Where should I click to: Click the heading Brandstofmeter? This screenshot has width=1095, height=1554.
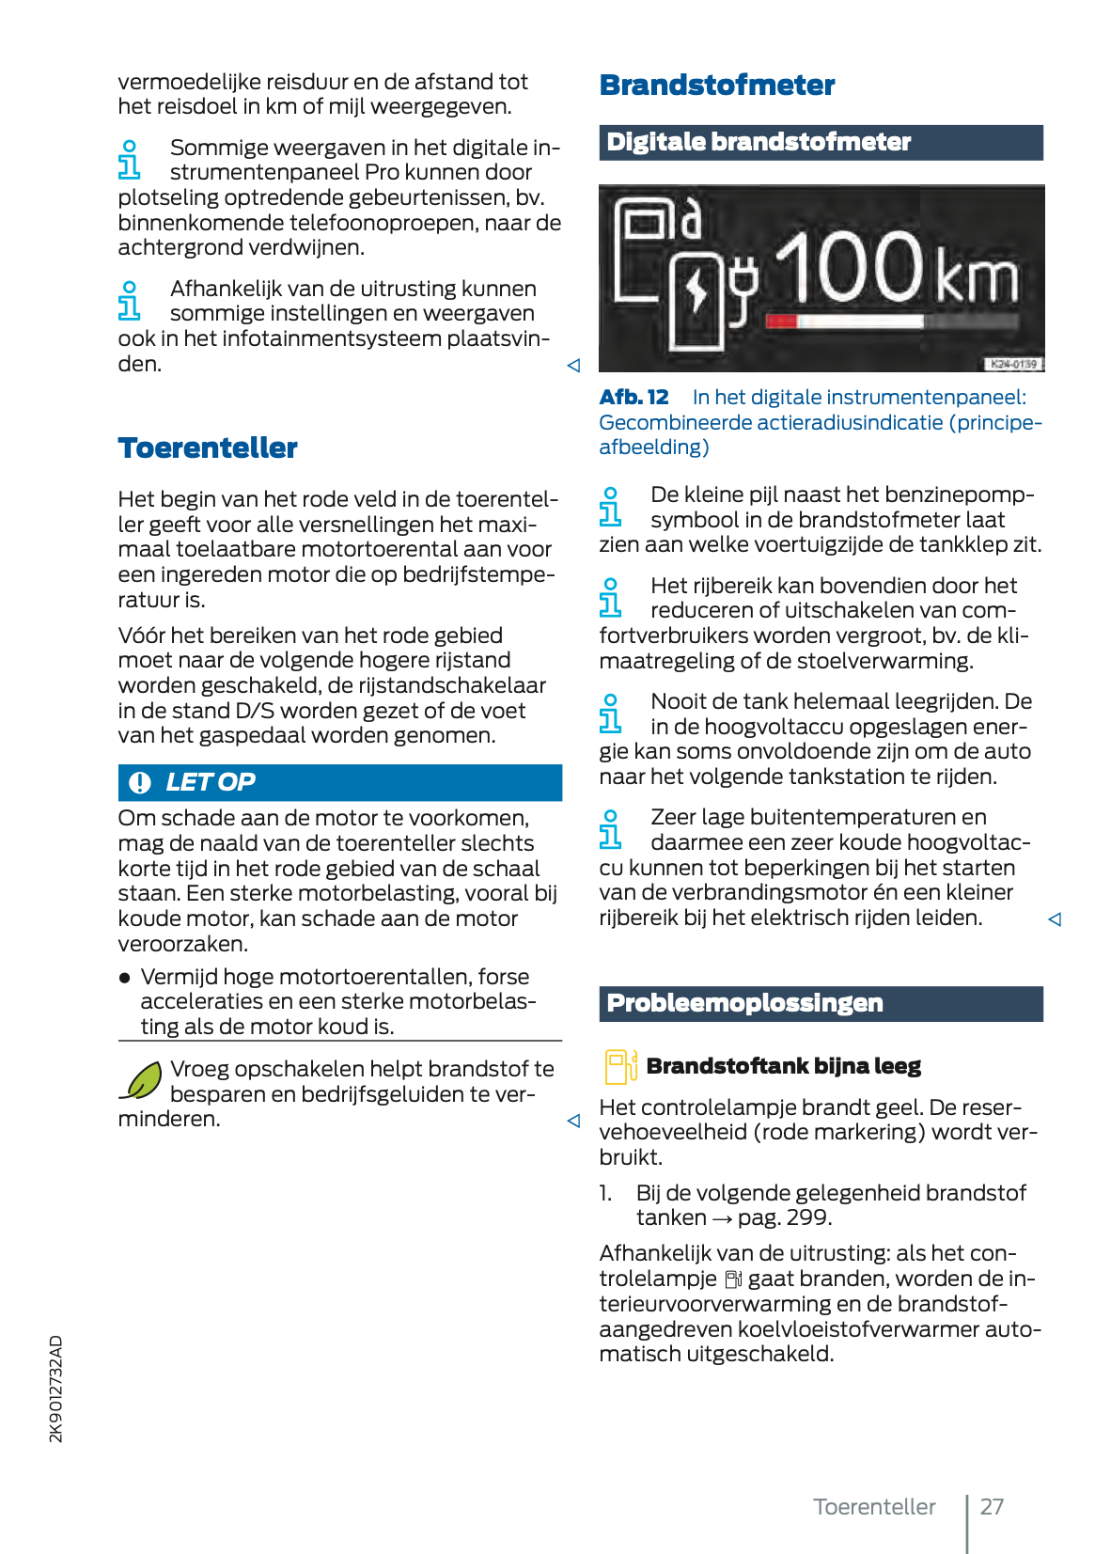click(x=716, y=86)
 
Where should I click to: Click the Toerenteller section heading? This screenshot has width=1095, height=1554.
click(x=208, y=448)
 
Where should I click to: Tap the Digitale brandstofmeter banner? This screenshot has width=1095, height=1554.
click(x=758, y=142)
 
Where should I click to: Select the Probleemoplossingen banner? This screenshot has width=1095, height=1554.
click(x=744, y=1003)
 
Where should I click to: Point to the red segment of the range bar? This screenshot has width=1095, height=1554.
click(x=781, y=322)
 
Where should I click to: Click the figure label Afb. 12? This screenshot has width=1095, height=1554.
click(x=634, y=398)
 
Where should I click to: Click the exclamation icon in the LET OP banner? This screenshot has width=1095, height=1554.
click(x=140, y=782)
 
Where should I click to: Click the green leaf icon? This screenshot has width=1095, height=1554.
click(x=142, y=1081)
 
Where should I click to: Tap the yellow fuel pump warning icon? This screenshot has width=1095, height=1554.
click(x=619, y=1067)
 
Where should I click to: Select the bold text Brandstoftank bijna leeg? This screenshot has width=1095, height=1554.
click(x=783, y=1066)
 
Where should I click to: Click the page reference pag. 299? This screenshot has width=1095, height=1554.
click(x=784, y=1218)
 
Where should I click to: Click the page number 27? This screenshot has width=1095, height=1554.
click(x=992, y=1507)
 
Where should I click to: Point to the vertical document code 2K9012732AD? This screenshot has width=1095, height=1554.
click(x=56, y=1389)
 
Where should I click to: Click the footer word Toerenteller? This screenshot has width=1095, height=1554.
click(x=874, y=1507)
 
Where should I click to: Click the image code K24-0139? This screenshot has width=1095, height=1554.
click(x=1013, y=364)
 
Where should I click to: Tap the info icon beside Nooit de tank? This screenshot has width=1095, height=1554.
click(x=610, y=714)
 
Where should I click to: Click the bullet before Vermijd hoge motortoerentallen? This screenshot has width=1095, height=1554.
click(x=125, y=978)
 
